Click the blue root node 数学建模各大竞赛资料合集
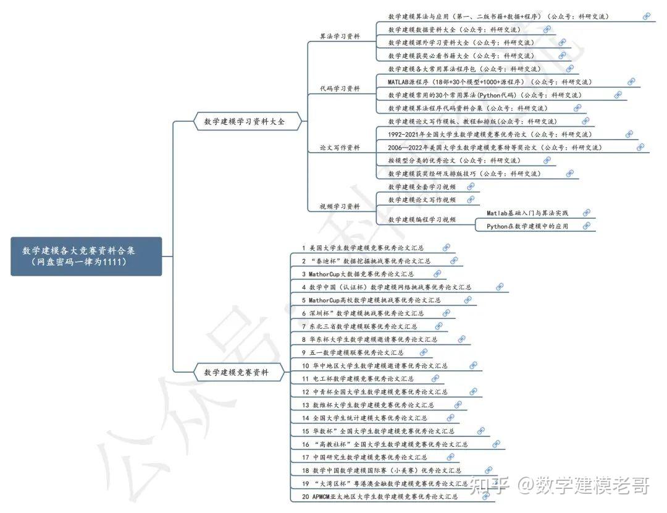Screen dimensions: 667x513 click(86, 256)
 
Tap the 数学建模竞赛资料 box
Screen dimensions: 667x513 click(240, 373)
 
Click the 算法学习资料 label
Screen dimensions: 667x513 click(340, 36)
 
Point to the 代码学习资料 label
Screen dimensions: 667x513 click(340, 88)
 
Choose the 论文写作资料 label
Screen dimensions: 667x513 click(340, 147)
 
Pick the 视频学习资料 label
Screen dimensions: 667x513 click(340, 206)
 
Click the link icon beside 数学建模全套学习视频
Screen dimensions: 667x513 click(471, 187)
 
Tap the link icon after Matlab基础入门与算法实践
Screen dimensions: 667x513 click(586, 213)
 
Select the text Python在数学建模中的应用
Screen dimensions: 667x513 click(527, 226)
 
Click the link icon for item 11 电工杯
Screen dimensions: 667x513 click(436, 378)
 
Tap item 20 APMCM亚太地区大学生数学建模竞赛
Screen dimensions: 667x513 click(380, 496)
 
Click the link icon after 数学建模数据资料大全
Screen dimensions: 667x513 click(547, 29)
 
